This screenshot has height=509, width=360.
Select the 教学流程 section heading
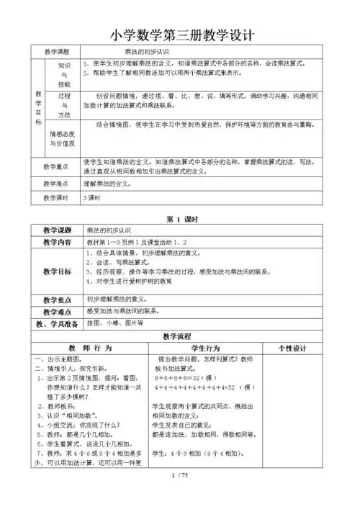pos(180,335)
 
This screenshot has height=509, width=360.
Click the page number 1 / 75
pos(179,495)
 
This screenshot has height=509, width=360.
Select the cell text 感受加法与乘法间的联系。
pos(123,310)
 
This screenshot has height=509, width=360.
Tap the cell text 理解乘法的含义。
pos(112,184)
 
